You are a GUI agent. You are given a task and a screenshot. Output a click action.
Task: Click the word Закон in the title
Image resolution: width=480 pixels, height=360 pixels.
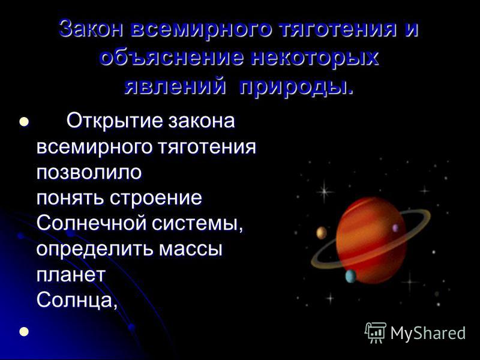pos(91,29)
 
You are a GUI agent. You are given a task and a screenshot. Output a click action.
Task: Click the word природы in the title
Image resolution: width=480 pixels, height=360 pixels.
pos(296,85)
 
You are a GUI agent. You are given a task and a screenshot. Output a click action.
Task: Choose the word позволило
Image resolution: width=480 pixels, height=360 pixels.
pos(89,172)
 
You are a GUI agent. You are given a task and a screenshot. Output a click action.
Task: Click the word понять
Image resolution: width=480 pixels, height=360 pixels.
pos(70,198)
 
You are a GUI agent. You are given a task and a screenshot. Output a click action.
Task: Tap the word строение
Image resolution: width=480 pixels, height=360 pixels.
pos(156,199)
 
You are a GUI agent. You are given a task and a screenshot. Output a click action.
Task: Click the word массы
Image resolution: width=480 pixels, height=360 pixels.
pos(190,249)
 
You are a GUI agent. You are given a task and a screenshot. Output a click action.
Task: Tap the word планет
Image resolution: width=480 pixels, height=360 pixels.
pos(71,275)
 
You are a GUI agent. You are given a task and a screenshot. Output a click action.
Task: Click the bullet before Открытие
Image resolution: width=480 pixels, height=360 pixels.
pos(24,122)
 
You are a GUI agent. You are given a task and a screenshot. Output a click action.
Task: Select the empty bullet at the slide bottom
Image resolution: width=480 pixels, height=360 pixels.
pos(24,332)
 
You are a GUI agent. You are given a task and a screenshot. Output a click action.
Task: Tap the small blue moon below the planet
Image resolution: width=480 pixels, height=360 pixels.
pos(351,277)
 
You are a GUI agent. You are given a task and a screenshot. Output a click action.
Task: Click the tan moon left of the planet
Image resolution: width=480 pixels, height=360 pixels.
pos(322,233)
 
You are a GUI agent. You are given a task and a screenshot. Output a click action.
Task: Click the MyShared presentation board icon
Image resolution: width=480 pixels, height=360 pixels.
pos(376,332)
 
